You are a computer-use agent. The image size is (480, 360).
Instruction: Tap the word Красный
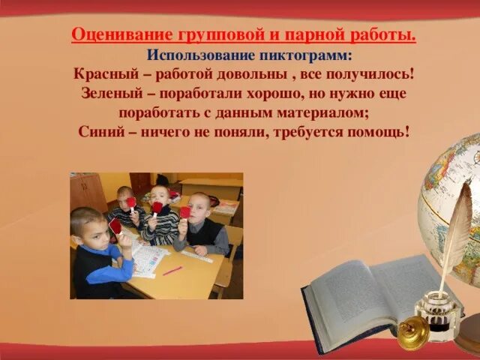tap(106, 75)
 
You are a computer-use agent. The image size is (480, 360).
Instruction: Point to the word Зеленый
tap(112, 94)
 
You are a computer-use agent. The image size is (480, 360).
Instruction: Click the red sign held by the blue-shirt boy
tap(115, 226)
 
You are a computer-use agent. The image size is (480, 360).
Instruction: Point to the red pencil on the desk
tap(172, 270)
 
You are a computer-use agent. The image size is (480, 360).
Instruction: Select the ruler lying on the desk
tap(196, 256)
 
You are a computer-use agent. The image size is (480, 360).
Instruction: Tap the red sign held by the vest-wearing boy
tap(184, 212)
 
